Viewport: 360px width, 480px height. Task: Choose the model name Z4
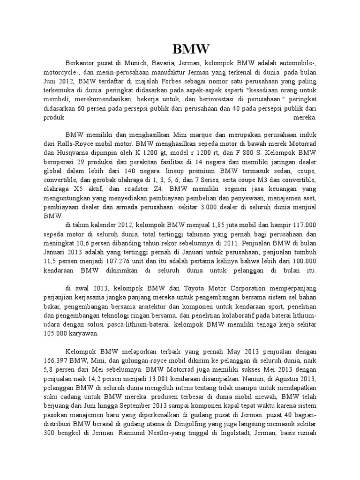[x=143, y=190]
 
